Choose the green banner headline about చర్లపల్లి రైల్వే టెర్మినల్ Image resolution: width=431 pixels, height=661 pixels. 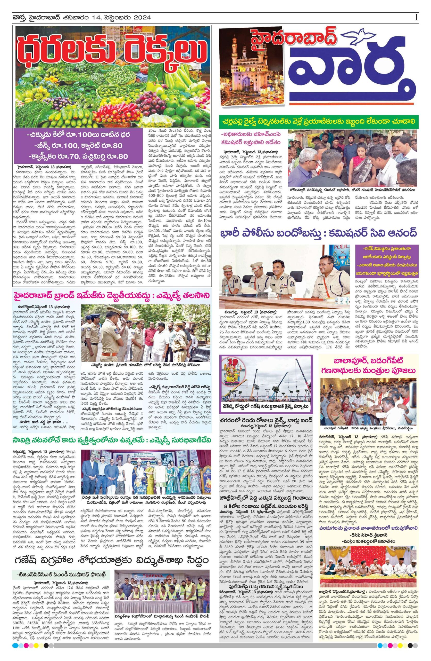318,121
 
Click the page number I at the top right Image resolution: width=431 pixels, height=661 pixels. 416,17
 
